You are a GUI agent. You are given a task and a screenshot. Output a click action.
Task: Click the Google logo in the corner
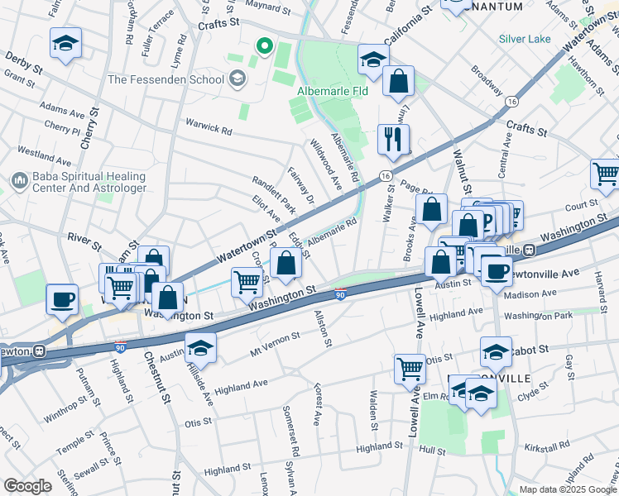(x=27, y=486)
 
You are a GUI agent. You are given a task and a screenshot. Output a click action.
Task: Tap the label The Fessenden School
(x=166, y=79)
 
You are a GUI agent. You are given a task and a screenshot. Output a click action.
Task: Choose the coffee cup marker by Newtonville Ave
(x=497, y=272)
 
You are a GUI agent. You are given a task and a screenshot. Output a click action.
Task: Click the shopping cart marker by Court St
(x=606, y=174)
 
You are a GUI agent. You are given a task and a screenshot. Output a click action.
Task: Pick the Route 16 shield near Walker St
(x=385, y=176)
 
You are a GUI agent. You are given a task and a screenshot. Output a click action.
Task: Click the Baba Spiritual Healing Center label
(x=89, y=183)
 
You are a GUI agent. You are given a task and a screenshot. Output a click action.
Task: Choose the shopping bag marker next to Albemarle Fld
(x=399, y=82)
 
